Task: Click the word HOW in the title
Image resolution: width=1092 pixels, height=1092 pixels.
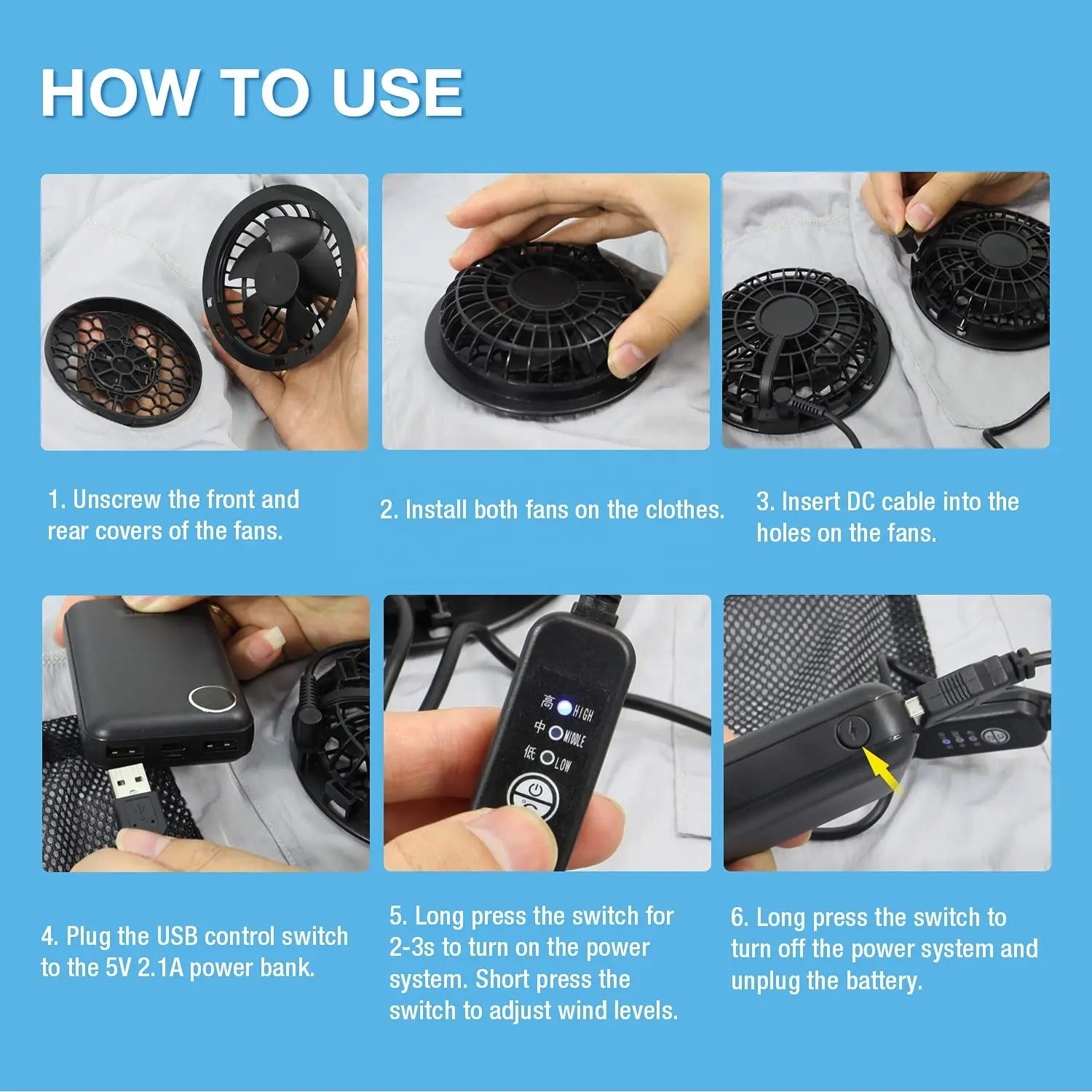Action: tap(119, 92)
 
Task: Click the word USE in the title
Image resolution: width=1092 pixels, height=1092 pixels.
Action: tap(397, 92)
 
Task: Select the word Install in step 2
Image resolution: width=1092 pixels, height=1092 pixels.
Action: tap(436, 510)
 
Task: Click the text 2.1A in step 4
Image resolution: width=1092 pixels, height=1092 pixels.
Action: tap(160, 968)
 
